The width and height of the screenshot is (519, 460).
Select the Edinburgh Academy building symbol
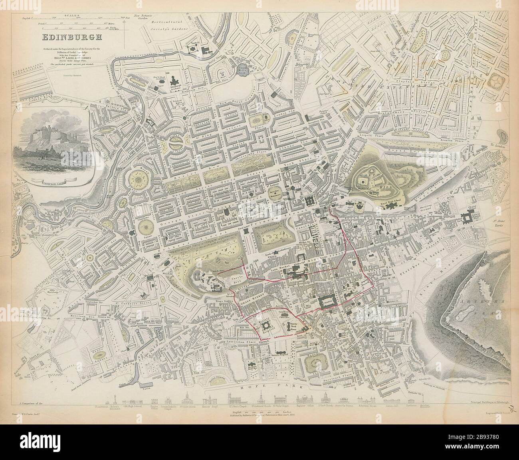click(x=175, y=80)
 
